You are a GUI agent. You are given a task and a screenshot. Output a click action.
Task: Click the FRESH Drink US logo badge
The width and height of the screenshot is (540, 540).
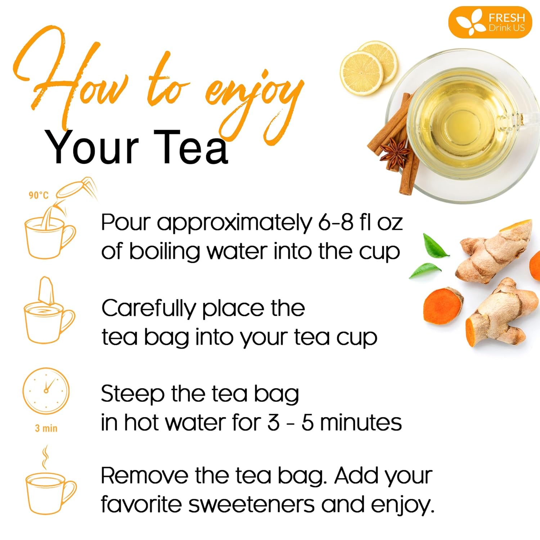(x=490, y=22)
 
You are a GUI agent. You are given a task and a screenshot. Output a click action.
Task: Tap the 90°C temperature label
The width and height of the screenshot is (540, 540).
(x=39, y=195)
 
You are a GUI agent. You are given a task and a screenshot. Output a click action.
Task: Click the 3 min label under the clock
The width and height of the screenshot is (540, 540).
(x=46, y=428)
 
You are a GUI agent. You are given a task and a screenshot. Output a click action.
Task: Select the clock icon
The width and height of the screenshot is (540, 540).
(x=46, y=391)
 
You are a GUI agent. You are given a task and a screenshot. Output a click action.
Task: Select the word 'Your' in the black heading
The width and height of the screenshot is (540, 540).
(x=92, y=148)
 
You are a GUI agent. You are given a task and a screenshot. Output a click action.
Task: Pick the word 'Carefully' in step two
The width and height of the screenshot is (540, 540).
(x=148, y=309)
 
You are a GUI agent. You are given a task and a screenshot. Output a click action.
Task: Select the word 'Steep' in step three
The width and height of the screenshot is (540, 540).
(x=132, y=394)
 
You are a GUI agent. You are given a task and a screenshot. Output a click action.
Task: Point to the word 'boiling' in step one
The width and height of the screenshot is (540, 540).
(x=164, y=251)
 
